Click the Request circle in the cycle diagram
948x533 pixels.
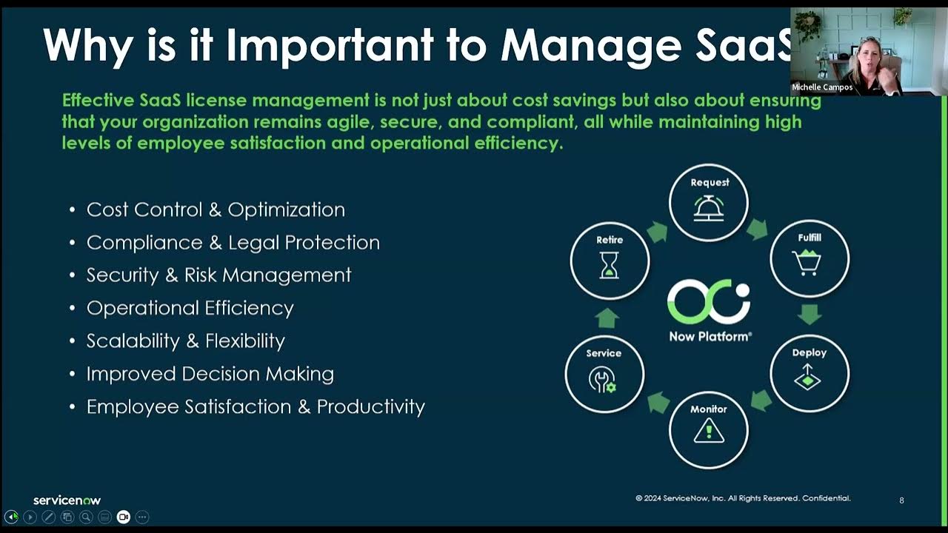709,202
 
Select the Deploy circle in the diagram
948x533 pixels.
810,373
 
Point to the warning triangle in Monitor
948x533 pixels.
708,431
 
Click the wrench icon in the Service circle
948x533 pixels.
602,380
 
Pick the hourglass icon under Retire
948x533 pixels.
610,264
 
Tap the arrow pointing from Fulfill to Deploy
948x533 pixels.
810,315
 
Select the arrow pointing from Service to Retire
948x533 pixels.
607,318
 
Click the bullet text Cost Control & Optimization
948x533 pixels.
216,209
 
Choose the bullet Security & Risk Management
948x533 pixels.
218,275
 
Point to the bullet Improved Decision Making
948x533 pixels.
210,374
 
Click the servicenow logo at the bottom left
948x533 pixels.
67,500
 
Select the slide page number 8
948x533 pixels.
901,500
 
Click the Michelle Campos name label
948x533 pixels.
822,87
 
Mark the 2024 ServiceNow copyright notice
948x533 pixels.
743,498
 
